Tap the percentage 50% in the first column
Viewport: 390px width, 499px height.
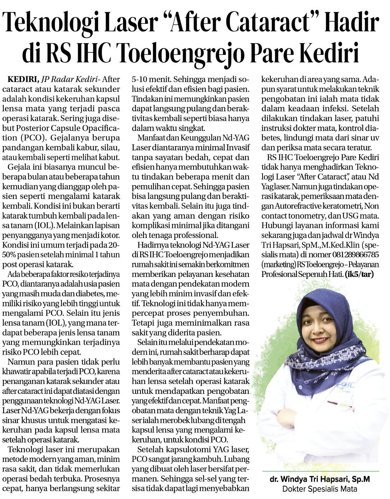[x=9, y=255]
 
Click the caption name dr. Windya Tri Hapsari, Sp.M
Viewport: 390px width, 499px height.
[x=320, y=479]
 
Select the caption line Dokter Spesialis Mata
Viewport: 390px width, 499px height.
[x=320, y=489]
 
